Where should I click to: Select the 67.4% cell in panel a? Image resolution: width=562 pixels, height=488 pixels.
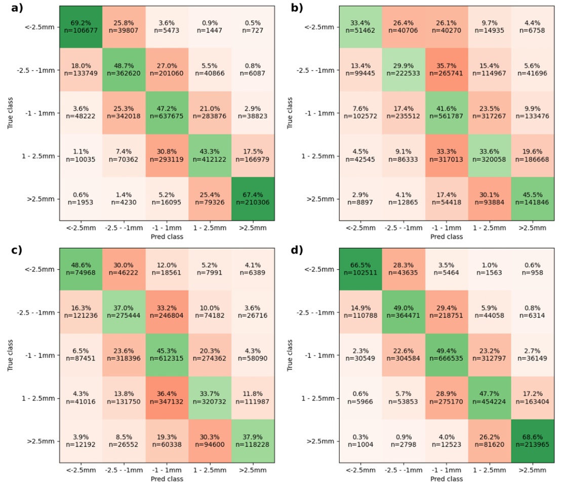tap(253, 198)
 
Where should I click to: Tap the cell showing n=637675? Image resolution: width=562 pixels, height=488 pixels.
tap(167, 113)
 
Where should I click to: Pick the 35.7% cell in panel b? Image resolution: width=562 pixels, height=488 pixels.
tap(448, 70)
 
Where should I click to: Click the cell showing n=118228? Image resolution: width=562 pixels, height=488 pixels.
tap(253, 441)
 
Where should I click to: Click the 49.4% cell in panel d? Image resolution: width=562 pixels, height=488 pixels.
tap(448, 355)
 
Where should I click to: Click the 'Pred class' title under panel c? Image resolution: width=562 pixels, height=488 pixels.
tap(167, 479)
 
